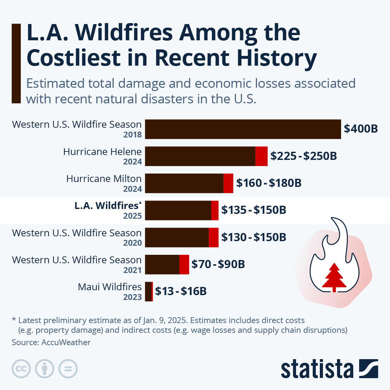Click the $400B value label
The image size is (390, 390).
(x=361, y=129)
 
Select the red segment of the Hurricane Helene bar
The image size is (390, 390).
(x=261, y=156)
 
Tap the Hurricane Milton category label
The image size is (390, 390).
(x=104, y=179)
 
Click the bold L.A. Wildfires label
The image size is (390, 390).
(x=107, y=206)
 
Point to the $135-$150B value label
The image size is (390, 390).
(x=253, y=210)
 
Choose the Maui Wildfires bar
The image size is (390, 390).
(x=149, y=292)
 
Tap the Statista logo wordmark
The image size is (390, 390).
(x=317, y=369)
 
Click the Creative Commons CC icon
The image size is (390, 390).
(x=21, y=369)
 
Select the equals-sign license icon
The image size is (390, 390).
(x=68, y=369)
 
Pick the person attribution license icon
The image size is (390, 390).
(x=45, y=369)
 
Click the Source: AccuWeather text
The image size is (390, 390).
(x=51, y=342)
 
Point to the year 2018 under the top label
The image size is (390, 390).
(x=133, y=135)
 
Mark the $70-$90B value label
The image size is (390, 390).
(x=218, y=264)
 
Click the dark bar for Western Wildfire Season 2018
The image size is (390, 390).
(x=243, y=129)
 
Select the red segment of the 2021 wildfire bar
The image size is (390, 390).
(x=184, y=264)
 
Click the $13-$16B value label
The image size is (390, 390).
(x=181, y=291)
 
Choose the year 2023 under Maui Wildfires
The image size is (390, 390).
(x=133, y=297)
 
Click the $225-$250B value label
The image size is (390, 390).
(x=304, y=156)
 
